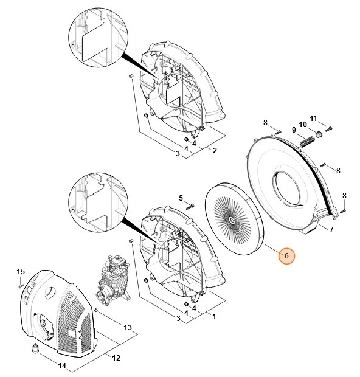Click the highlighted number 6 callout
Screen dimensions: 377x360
[286, 257]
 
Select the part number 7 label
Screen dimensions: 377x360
[331, 230]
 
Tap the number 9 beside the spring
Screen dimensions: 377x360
[293, 130]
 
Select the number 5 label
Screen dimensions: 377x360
[181, 198]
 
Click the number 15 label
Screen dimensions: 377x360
[19, 271]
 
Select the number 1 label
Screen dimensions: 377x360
[213, 316]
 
